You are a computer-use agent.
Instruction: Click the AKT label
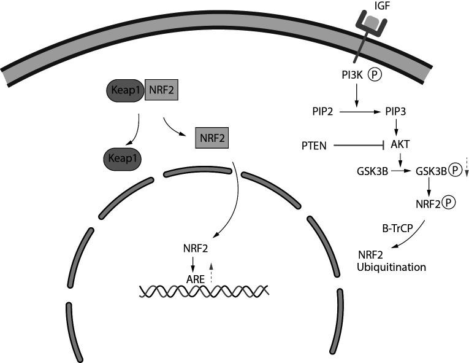click(400, 146)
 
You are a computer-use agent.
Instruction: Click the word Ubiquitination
click(392, 267)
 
